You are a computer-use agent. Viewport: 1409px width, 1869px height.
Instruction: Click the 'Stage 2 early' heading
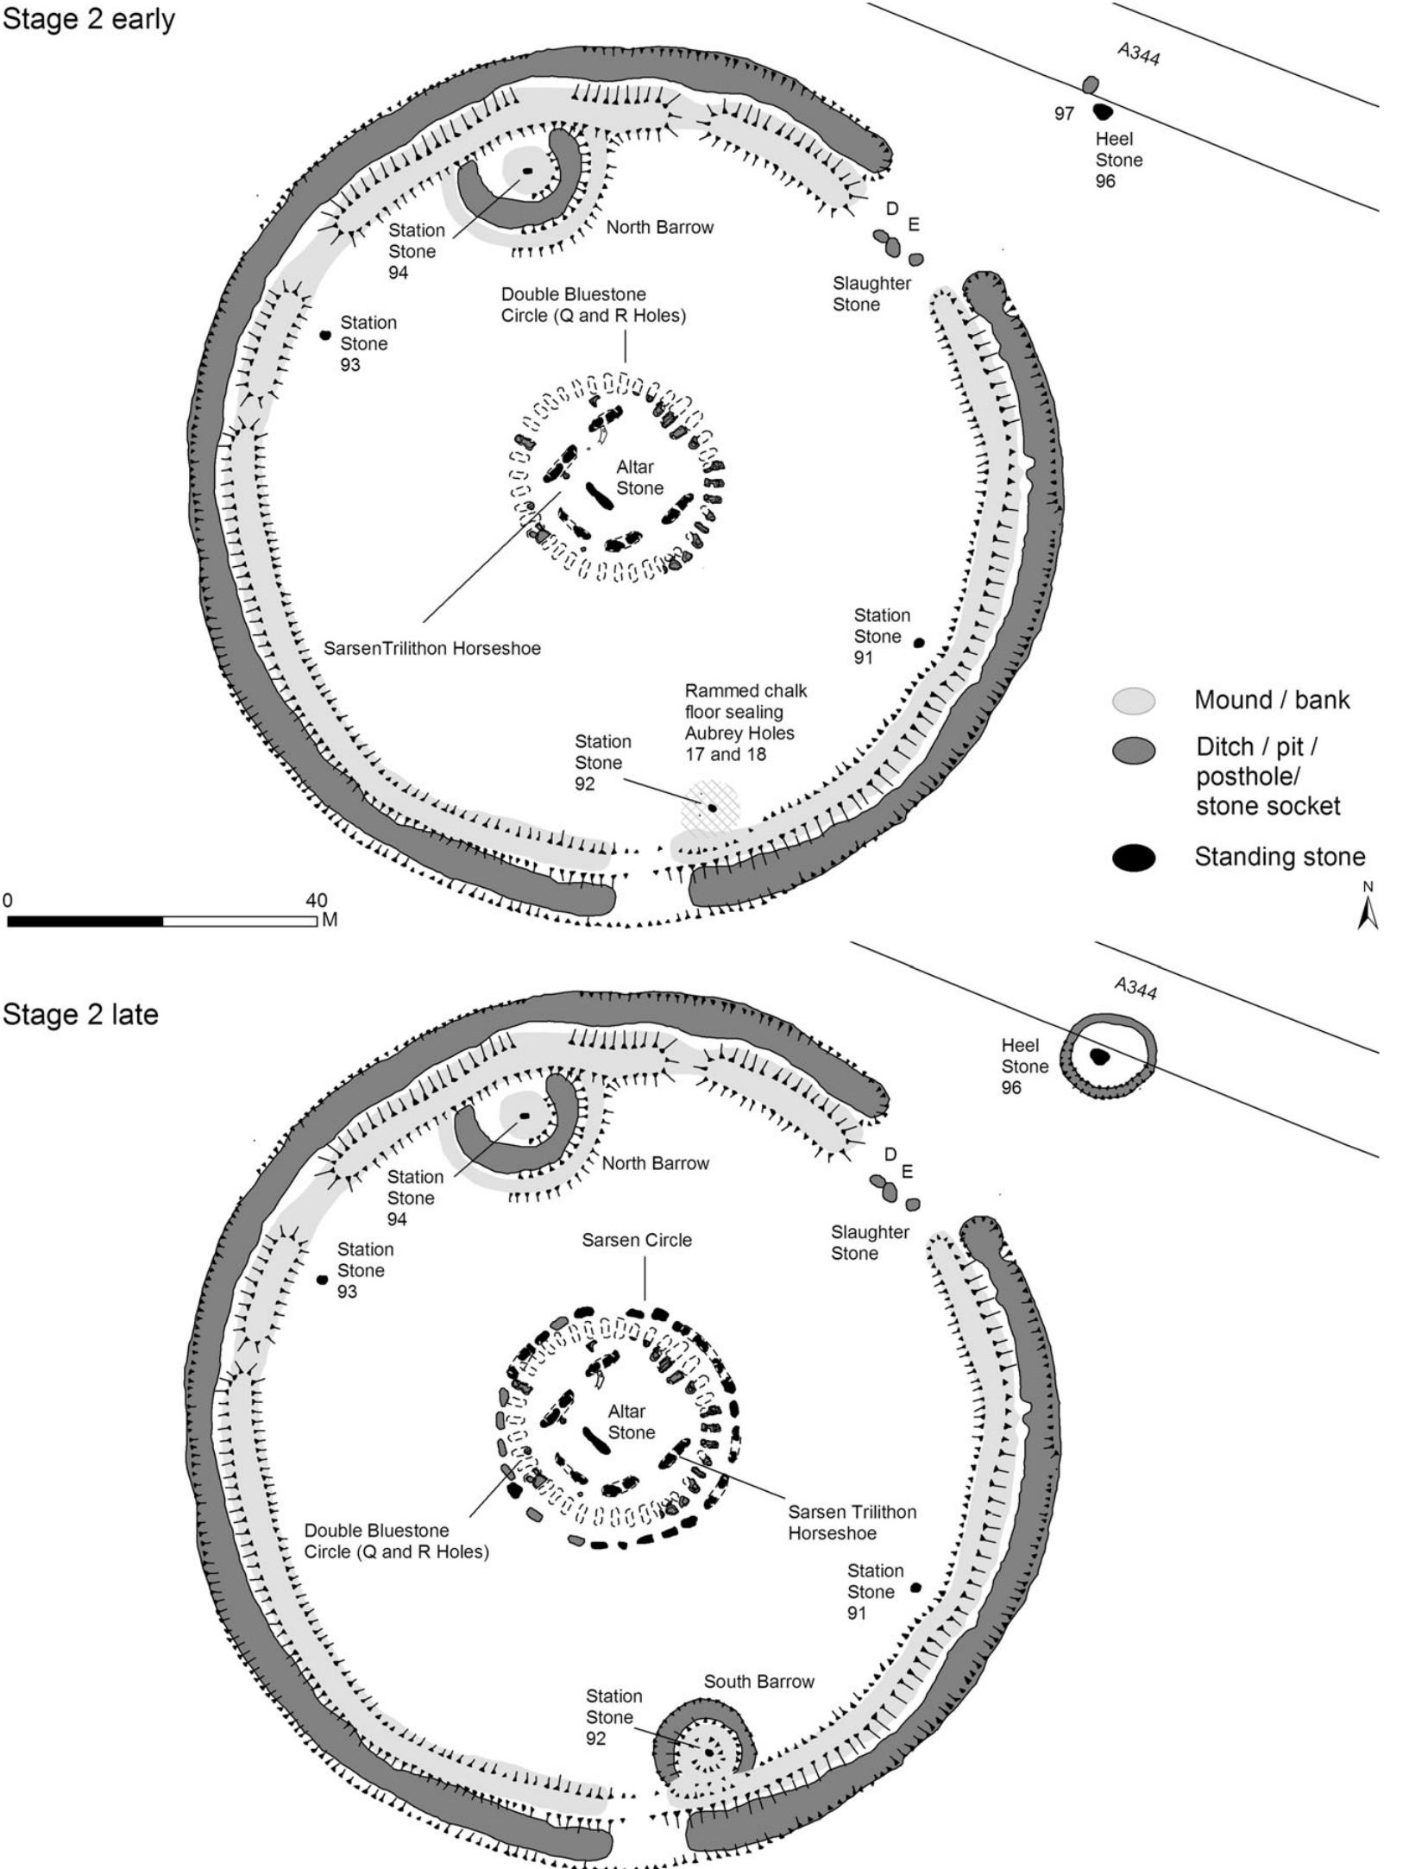pos(88,18)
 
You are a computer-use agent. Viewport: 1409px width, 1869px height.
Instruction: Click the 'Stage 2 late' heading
pos(80,1014)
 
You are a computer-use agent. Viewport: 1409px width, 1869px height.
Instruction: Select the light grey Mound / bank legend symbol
pos(1133,701)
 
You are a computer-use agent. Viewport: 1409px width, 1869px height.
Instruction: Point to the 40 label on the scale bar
pos(316,900)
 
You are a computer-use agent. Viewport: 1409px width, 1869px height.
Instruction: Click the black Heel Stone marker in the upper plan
pos(1102,111)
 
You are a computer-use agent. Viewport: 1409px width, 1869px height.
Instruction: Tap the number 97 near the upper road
pos(1063,114)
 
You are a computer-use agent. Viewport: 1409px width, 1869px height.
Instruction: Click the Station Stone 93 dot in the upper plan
pos(325,335)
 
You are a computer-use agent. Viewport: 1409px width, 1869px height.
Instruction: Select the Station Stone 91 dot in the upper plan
pos(919,643)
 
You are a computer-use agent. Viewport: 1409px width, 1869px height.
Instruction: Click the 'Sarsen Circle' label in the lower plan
pos(636,1240)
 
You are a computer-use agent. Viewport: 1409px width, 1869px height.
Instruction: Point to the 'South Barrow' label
pos(758,1681)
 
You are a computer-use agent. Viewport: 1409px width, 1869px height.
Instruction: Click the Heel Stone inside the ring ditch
pos(1099,1056)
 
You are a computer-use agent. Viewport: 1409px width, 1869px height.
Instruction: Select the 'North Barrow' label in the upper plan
pos(659,228)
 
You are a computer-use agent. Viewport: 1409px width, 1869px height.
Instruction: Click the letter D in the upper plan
pos(892,209)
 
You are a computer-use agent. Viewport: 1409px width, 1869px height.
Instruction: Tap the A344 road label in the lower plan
pos(1135,990)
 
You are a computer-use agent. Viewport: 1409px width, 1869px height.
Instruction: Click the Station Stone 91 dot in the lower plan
pos(916,1587)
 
